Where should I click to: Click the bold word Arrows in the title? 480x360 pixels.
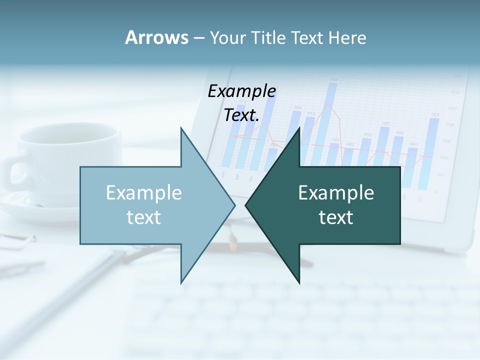(x=156, y=37)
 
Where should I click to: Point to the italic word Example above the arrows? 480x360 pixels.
(x=241, y=91)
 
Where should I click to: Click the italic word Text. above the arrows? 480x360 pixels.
(x=241, y=115)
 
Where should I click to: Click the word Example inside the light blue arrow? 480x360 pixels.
(x=144, y=193)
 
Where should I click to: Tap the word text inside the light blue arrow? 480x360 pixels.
(x=144, y=217)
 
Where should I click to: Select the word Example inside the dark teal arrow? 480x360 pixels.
(x=336, y=193)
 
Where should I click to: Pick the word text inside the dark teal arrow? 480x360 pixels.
(x=336, y=217)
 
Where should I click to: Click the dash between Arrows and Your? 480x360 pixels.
(x=198, y=37)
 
